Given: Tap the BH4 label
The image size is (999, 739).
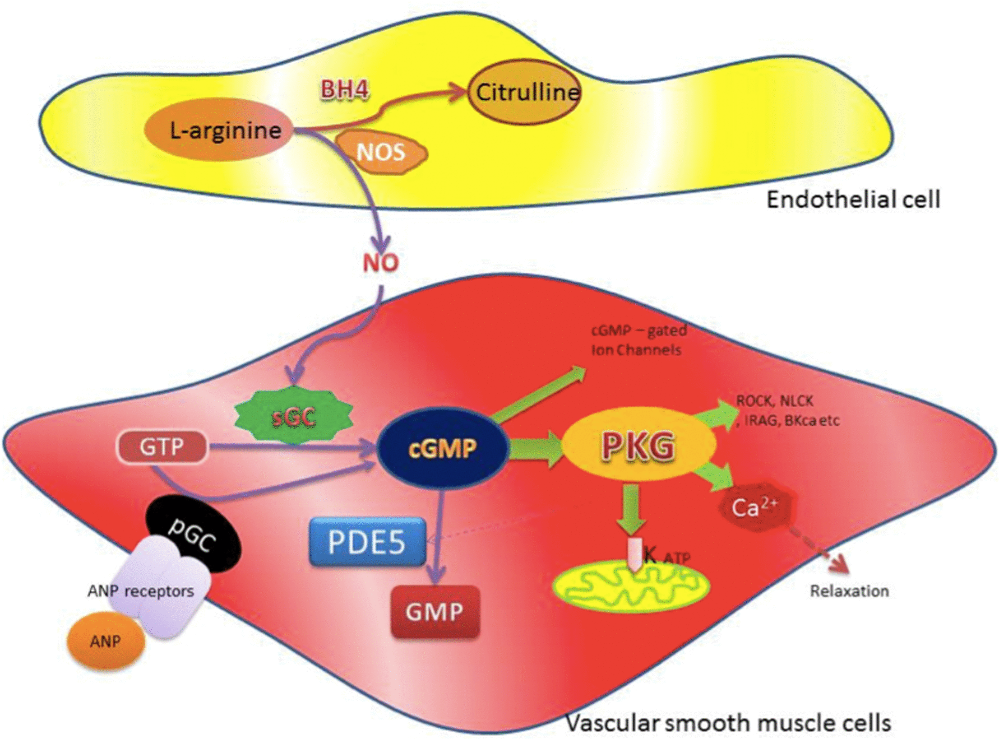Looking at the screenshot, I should [x=344, y=89].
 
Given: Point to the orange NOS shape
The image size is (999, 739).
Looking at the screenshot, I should [x=381, y=152].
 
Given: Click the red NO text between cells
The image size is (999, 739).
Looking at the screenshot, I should [x=381, y=262].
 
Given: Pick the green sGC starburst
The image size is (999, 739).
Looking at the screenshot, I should [x=294, y=416].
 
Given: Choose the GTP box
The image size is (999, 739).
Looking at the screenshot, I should [x=162, y=447].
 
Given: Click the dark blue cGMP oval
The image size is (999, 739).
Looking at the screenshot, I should [x=443, y=448].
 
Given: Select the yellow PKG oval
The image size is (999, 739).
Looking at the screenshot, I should [x=639, y=446].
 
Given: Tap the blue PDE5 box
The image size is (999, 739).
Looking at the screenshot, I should [x=367, y=542].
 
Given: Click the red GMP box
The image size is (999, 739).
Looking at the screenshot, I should [x=435, y=611].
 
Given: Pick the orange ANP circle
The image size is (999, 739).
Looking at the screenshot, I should [x=106, y=641].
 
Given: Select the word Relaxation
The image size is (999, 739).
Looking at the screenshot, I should [x=849, y=591].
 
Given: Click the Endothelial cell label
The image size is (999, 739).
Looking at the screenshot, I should [x=853, y=200].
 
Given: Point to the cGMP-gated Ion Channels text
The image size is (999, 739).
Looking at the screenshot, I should [x=639, y=340].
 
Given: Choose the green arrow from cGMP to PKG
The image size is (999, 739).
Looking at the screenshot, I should [x=536, y=448].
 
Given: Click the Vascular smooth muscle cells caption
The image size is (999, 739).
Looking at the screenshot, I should [x=728, y=723].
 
